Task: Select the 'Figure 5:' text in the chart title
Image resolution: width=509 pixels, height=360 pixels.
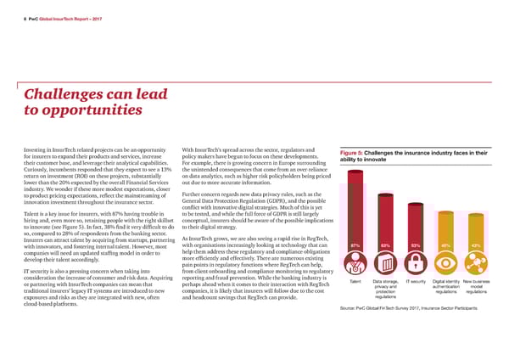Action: tap(351, 151)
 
